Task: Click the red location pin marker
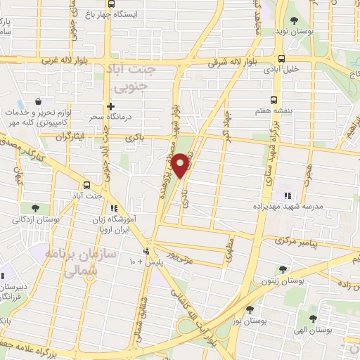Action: (182, 166)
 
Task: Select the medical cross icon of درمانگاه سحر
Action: (110, 107)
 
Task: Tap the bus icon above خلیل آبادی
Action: (281, 60)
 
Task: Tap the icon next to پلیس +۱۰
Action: (147, 251)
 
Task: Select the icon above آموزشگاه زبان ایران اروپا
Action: (114, 208)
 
